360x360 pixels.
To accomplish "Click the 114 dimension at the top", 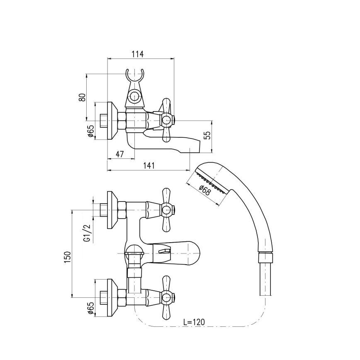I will [x=137, y=54].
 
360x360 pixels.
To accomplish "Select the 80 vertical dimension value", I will [x=83, y=97].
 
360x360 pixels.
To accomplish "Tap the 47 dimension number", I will [x=120, y=154].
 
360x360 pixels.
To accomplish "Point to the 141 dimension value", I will [x=149, y=165].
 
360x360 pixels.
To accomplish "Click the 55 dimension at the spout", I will [x=208, y=135].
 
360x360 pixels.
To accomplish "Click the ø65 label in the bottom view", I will [x=90, y=309].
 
